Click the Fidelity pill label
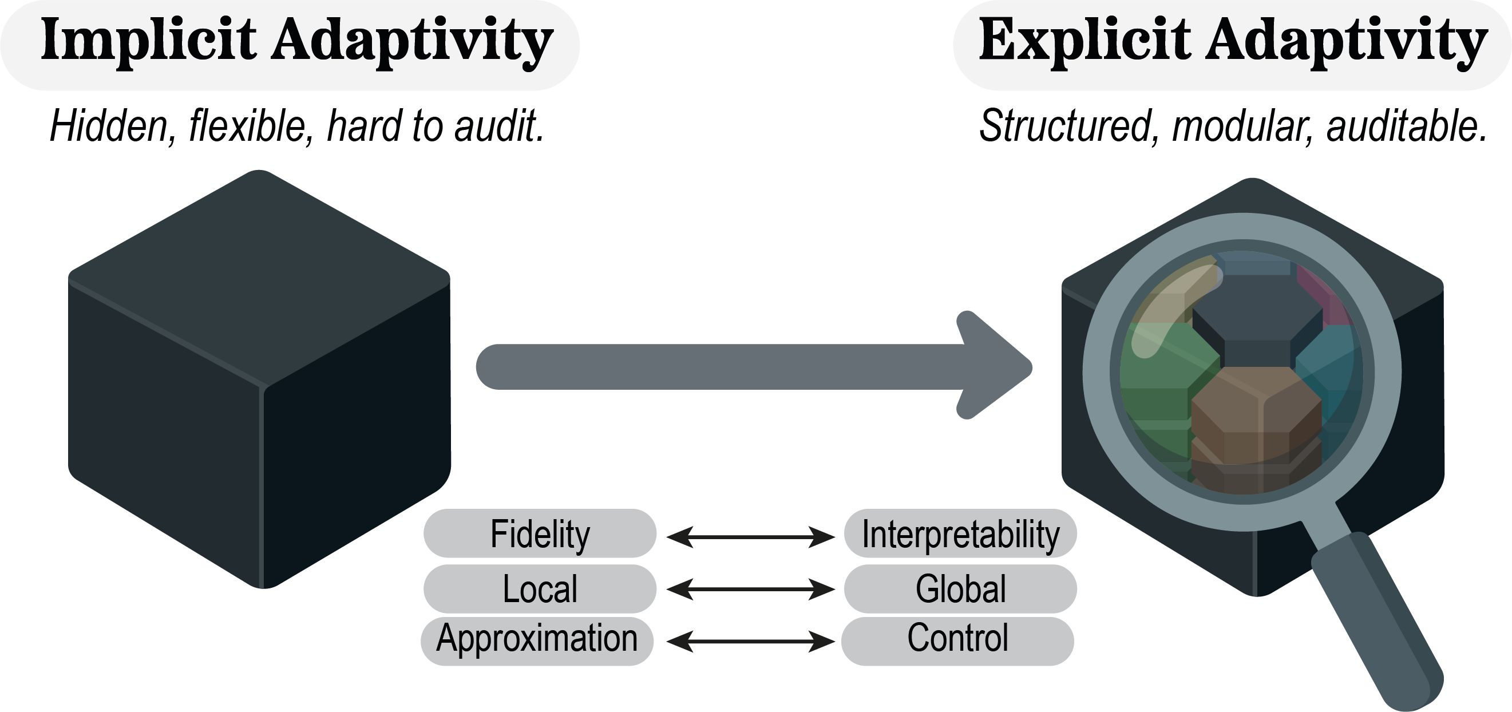point(540,533)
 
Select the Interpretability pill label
point(960,533)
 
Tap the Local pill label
point(540,589)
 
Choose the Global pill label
point(960,589)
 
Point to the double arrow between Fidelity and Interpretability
point(750,536)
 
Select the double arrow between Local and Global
point(750,588)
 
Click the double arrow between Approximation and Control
point(750,641)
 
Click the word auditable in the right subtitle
point(1406,126)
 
